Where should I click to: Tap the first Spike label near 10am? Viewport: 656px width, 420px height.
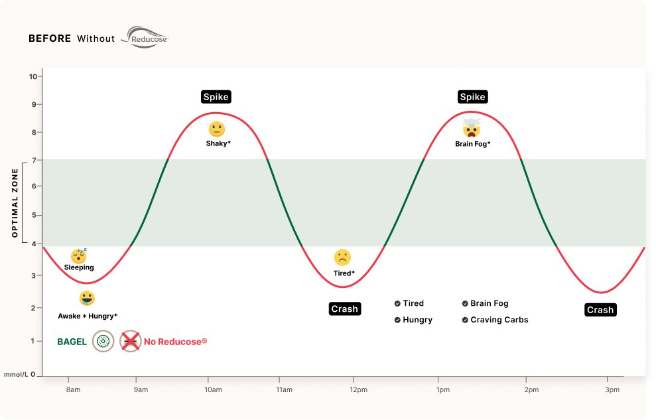tap(216, 97)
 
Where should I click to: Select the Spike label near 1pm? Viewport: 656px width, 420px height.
tap(472, 97)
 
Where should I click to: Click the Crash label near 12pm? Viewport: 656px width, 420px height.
tap(344, 309)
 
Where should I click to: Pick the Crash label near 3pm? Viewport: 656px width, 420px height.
tap(600, 310)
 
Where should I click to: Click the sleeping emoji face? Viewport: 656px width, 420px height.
tap(79, 255)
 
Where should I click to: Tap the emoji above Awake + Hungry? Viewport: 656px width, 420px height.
tap(87, 298)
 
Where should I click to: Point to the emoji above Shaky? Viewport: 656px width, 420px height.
tap(217, 129)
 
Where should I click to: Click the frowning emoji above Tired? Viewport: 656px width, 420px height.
tap(342, 257)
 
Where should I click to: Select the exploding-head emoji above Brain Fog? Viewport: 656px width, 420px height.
tap(472, 128)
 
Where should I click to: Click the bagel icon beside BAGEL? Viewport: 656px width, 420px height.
tap(103, 342)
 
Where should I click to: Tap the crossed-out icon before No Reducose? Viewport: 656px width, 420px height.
tap(131, 342)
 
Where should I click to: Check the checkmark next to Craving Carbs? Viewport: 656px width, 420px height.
tap(465, 320)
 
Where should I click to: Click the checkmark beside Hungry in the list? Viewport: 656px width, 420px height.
tap(397, 320)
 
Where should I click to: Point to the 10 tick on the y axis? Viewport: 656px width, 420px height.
tap(33, 76)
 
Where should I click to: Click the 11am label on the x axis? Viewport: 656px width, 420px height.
tap(284, 390)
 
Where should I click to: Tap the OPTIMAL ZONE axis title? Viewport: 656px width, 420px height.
tap(15, 202)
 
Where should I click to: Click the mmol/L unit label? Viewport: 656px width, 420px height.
tap(16, 375)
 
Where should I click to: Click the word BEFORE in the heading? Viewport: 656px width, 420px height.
tap(50, 38)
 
